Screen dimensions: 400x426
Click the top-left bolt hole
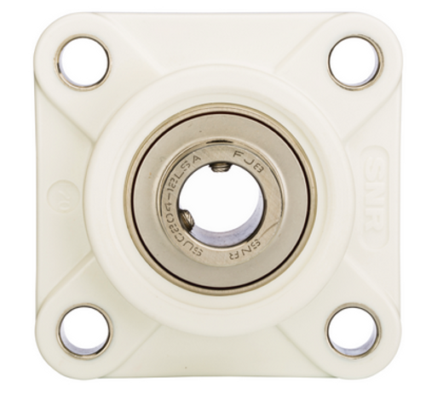83,61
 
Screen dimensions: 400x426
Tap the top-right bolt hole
355,61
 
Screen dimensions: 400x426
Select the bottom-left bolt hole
84,331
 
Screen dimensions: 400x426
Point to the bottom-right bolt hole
354,331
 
